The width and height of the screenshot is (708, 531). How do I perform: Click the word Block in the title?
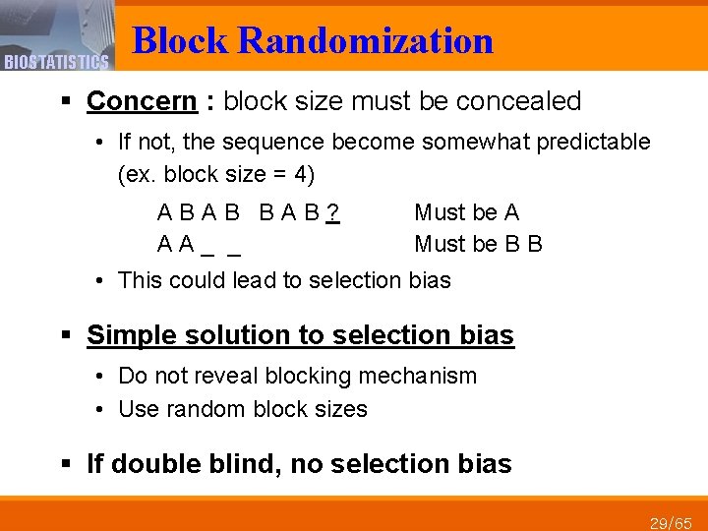181,41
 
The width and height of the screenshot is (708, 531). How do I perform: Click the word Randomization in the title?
366,41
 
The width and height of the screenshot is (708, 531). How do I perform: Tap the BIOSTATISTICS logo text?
55,63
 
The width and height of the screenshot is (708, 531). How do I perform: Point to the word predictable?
596,142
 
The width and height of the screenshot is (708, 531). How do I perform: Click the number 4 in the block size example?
301,175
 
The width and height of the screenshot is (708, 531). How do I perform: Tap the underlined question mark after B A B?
333,212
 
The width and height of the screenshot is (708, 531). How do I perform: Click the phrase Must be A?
467,212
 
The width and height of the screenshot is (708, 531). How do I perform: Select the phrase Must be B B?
479,244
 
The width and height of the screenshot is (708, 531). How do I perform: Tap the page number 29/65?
671,521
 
